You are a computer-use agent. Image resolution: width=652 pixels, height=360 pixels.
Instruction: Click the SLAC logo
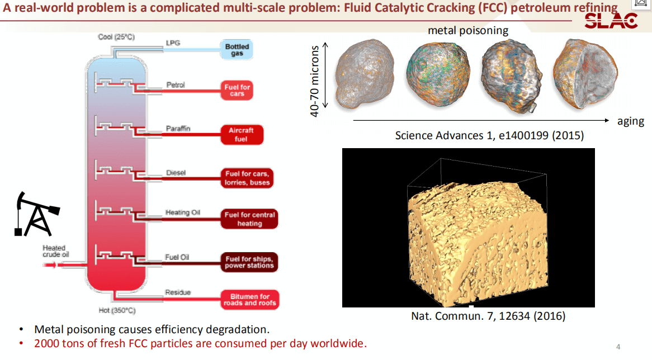[611, 21]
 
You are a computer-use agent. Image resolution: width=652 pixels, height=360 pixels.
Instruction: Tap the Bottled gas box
[237, 50]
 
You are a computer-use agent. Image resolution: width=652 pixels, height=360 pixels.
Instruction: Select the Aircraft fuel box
[241, 135]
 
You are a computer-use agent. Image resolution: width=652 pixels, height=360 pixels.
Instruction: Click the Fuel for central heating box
[249, 219]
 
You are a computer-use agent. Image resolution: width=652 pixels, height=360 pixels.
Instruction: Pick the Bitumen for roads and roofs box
[249, 300]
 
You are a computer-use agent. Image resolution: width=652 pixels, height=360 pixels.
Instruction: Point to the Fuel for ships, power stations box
[249, 262]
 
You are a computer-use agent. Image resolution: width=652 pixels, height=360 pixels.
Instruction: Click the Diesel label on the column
[176, 173]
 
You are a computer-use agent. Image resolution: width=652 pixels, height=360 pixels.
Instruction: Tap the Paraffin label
[178, 129]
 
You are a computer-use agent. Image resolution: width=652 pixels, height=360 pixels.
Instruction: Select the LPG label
[173, 43]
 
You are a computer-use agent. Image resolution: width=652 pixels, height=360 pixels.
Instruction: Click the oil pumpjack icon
[36, 214]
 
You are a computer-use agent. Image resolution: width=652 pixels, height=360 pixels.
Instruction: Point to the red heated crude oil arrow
[50, 265]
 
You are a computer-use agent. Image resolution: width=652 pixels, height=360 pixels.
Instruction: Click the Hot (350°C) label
[117, 310]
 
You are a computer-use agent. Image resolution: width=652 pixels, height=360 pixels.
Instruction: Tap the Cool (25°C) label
[116, 37]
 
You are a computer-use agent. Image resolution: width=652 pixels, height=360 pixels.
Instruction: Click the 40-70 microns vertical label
[314, 81]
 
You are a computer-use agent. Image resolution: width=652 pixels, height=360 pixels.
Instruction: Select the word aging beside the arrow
[631, 121]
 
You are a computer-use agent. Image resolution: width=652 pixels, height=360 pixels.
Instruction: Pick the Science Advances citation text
[489, 135]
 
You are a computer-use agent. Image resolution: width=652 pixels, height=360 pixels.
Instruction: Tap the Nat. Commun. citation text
[488, 316]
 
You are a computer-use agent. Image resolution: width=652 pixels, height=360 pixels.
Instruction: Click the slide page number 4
[618, 347]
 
